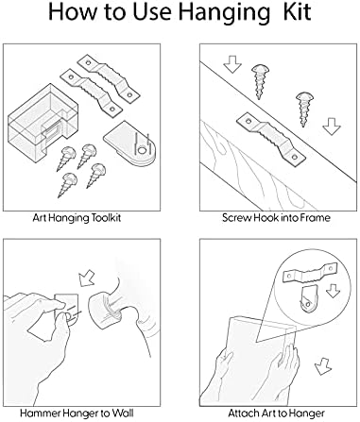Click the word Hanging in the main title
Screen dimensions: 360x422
coord(225,13)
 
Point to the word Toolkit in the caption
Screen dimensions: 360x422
coord(106,218)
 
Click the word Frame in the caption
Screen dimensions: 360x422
coord(315,218)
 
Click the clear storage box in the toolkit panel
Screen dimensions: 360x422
coord(43,121)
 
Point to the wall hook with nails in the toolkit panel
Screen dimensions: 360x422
coord(129,144)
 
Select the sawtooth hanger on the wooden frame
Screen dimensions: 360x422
coord(271,138)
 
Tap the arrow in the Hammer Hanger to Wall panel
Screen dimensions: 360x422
coord(86,278)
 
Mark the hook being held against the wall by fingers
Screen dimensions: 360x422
coord(66,310)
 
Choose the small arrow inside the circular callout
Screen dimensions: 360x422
coord(333,291)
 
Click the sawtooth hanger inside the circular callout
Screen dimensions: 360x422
coord(310,272)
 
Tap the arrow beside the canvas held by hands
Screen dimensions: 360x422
coord(323,366)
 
